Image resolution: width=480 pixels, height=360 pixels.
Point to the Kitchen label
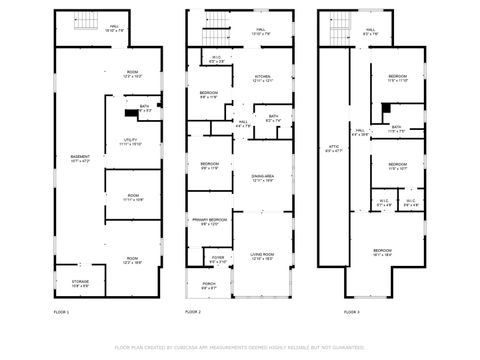coord(262,79)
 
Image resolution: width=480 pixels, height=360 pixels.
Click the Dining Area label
coord(262,177)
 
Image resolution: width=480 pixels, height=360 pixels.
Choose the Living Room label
coord(262,257)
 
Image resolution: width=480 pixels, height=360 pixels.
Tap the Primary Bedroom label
coord(208,221)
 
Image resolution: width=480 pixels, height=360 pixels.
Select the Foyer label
coord(218,259)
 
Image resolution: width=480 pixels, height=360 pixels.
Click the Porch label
coord(208,286)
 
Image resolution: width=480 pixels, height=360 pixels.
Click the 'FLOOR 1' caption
coord(61,313)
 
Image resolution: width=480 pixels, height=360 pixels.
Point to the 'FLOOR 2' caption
coord(194,313)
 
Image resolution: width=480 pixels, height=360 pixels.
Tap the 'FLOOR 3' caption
coord(350,313)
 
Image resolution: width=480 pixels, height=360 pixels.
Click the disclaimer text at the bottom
coord(240,347)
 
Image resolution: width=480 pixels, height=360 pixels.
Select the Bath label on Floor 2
coord(273,118)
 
